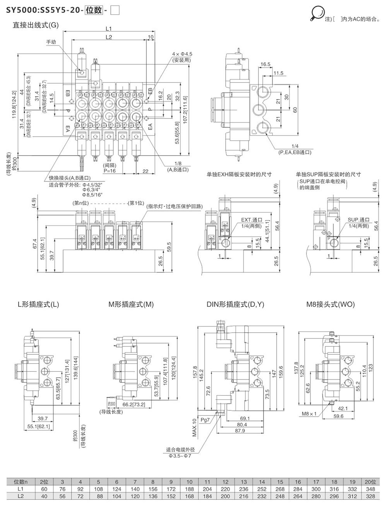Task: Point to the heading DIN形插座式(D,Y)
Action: [x=235, y=304]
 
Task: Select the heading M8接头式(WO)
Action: [x=330, y=304]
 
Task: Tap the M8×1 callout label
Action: [x=309, y=414]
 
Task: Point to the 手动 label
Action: [x=51, y=42]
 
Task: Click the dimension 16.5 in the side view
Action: [x=265, y=64]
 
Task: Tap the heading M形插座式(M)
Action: [x=131, y=304]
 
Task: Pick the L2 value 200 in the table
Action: [x=225, y=496]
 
